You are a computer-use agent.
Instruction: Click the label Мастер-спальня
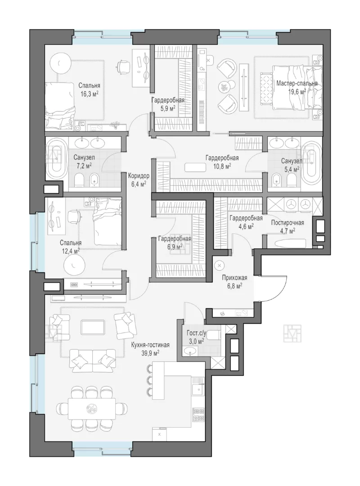tap(297, 83)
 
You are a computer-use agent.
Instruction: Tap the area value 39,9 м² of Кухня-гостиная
tap(150, 353)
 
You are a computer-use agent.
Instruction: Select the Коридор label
tap(139, 176)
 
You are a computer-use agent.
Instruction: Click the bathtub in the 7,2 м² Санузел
tap(57, 158)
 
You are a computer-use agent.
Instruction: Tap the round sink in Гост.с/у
tap(190, 351)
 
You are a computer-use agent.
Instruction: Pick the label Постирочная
tap(288, 223)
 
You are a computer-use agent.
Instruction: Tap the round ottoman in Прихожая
tap(220, 266)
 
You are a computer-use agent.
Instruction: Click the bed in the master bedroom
tap(297, 88)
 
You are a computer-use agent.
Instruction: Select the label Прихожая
tap(234, 278)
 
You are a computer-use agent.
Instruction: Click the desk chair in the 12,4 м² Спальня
tap(74, 216)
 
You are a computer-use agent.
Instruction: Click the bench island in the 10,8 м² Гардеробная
tap(195, 167)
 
